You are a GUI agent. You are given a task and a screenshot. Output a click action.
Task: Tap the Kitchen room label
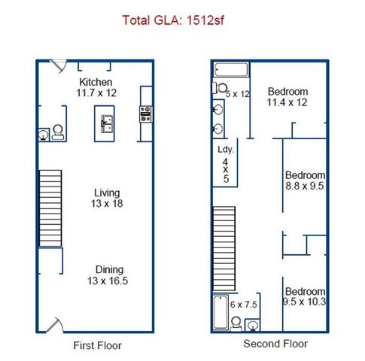click(x=96, y=81)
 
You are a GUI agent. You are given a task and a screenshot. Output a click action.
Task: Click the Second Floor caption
click(x=275, y=344)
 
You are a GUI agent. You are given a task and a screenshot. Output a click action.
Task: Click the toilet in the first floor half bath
click(x=45, y=133)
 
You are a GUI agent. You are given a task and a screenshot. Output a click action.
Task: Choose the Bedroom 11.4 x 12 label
click(x=287, y=98)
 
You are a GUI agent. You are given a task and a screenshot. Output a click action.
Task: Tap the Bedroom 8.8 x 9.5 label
click(x=304, y=180)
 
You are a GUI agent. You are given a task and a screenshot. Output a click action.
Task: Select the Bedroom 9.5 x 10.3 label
click(x=305, y=297)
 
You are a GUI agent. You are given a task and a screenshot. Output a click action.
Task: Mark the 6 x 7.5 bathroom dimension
click(x=244, y=305)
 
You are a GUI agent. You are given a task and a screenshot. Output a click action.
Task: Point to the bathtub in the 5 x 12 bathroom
click(x=230, y=71)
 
